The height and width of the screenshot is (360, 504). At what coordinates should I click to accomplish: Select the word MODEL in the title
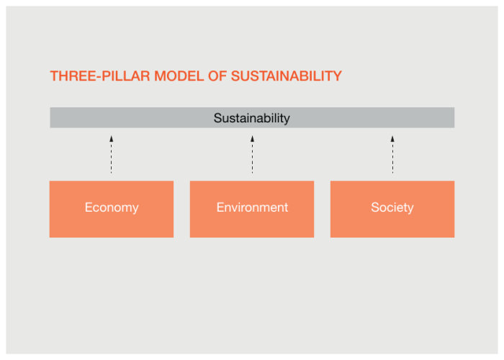coord(179,76)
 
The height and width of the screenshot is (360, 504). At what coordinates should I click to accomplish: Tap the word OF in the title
coord(217,76)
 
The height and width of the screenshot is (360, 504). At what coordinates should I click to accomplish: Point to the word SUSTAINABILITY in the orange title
coord(286,76)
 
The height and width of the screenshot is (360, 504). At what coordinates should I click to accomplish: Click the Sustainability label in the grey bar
coord(252,118)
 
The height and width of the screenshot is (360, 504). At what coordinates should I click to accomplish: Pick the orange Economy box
coord(112,209)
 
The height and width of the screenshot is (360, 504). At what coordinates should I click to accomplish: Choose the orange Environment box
coord(252,209)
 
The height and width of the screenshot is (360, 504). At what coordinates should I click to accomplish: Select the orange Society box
coord(392,209)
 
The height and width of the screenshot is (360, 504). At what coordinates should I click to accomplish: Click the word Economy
coord(112,207)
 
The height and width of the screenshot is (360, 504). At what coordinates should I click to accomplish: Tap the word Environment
coord(252,207)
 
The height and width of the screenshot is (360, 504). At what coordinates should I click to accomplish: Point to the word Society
coord(392,207)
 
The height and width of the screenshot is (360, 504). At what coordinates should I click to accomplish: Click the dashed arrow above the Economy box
coord(111,155)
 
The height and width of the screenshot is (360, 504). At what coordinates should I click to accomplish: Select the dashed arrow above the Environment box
coord(252,155)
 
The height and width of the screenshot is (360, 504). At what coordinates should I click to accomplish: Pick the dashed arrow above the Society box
coord(392,155)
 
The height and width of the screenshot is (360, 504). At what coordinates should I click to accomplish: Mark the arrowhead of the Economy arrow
coord(111,138)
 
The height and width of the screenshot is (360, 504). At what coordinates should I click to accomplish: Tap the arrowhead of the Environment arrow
coord(252,138)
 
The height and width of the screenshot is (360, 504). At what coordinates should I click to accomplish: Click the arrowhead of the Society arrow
coord(392,138)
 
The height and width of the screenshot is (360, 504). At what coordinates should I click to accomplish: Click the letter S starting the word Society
coord(375,207)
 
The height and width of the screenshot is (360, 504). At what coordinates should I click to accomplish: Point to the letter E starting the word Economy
coord(89,207)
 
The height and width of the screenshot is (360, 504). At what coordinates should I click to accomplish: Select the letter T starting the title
coord(54,76)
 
